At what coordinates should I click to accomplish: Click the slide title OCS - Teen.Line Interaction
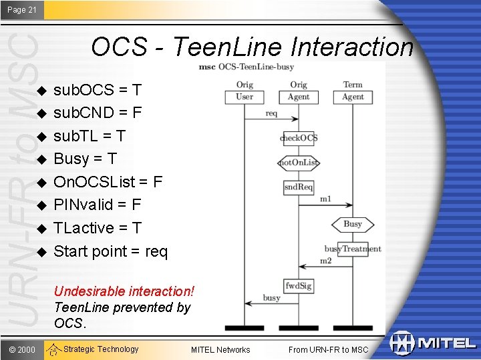tap(252, 47)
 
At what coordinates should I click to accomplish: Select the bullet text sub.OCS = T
tap(97, 89)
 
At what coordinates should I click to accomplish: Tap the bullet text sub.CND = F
tap(97, 112)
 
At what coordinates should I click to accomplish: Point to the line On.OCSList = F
tap(108, 181)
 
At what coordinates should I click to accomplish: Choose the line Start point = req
tap(110, 251)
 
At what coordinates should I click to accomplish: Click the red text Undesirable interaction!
tap(124, 291)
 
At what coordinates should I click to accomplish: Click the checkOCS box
tap(299, 138)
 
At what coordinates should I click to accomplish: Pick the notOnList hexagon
tap(299, 163)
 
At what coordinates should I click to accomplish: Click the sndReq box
tap(299, 187)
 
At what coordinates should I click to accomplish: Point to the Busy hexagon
tap(353, 225)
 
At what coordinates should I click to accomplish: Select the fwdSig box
tap(299, 285)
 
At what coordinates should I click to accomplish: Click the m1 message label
tap(325, 199)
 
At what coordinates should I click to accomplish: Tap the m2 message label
tap(325, 261)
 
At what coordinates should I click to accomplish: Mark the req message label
tap(271, 113)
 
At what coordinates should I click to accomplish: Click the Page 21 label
tap(22, 9)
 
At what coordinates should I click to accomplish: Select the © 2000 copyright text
tap(22, 349)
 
